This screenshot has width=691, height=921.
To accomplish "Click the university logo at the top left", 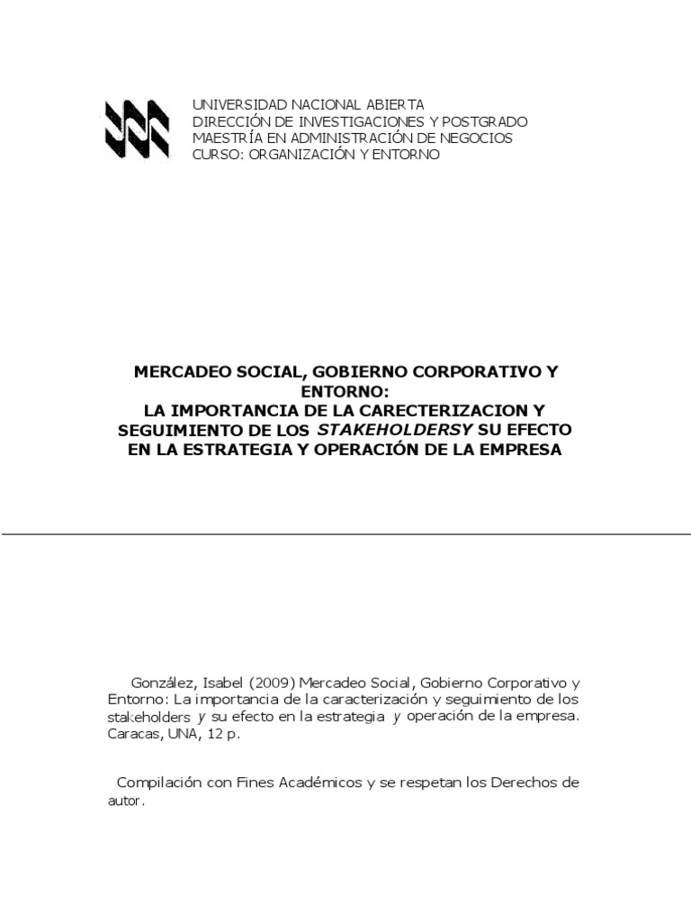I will (x=138, y=130).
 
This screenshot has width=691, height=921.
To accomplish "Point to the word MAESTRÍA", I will (x=225, y=138).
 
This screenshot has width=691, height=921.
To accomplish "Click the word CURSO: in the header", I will (x=214, y=155).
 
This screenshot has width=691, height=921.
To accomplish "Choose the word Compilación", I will (x=162, y=783).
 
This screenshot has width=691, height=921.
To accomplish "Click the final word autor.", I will (x=119, y=801).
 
